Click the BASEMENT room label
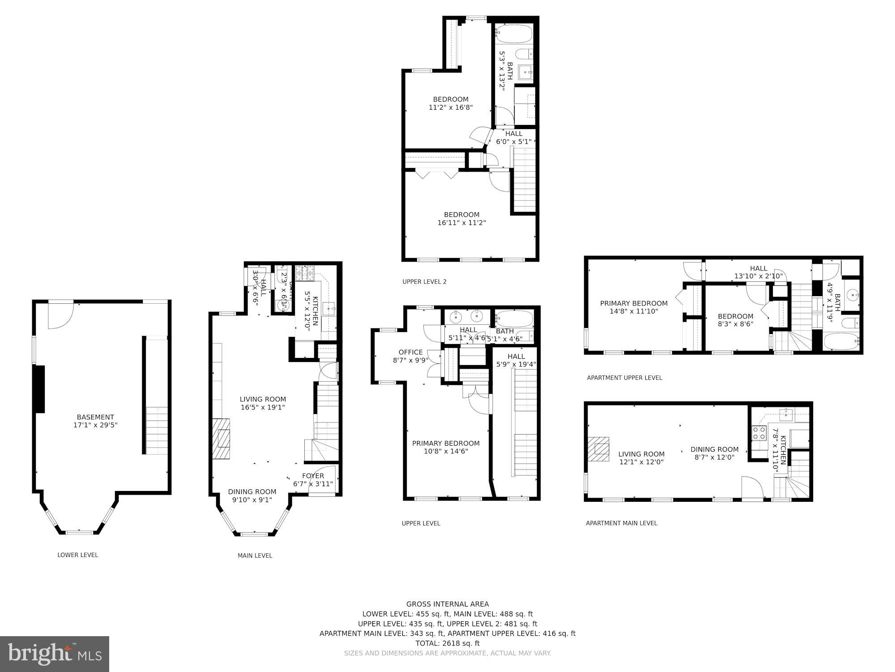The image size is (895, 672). pos(95,417)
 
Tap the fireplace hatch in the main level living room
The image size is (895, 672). pos(221,439)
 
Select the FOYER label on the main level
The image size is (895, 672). pos(313,476)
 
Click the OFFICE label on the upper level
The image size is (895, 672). pos(410,352)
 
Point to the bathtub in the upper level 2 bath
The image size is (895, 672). pos(514,34)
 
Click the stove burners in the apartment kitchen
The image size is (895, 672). pos(759,433)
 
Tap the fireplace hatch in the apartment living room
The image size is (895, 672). pos(599,449)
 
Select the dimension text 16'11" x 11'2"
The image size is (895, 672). pos(461,223)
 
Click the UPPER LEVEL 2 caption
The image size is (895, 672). pos(424,282)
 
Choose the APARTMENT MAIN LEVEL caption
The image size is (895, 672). pos(621,523)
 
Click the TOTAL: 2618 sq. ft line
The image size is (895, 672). pos(447,643)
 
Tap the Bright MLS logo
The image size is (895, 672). pos(54,654)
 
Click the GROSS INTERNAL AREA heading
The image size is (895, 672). pos(447,604)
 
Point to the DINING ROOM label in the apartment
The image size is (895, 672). pos(714,449)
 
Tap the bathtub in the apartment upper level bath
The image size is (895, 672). pos(841,343)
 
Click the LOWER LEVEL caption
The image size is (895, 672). pos(77,555)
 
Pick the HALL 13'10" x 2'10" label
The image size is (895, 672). pos(759,272)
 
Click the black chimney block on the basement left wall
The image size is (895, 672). pos(39,388)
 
